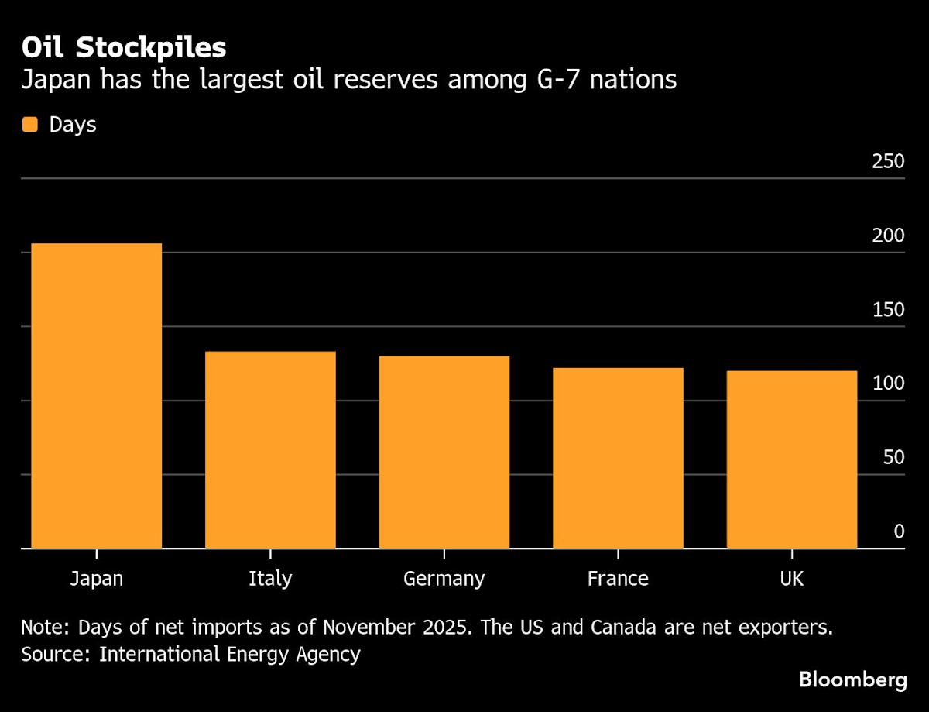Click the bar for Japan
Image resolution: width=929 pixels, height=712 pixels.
[x=96, y=395]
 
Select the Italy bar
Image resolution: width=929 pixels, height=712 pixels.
[x=270, y=449]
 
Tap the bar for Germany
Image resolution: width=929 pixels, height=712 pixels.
[x=444, y=452]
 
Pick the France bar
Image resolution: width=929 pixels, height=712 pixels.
[x=618, y=457]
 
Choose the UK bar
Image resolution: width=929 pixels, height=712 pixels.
[x=791, y=459]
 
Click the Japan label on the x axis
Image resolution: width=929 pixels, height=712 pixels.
[x=96, y=579]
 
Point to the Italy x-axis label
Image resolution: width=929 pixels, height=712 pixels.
[x=270, y=579]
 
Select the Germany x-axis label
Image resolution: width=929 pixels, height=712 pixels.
[x=444, y=579]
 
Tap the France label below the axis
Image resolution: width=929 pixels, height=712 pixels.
[x=618, y=579]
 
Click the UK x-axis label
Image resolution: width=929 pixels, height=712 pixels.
[x=791, y=579]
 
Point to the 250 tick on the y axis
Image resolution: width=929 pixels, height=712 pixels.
[x=888, y=161]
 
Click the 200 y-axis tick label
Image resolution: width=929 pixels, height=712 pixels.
[x=888, y=236]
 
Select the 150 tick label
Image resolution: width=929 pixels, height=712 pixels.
[x=888, y=309]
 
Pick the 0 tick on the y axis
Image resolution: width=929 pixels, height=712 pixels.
[x=899, y=531]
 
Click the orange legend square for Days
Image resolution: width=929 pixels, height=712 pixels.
[x=30, y=125]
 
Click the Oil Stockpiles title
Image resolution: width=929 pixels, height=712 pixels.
[x=124, y=48]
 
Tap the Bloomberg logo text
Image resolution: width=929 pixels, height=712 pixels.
[x=852, y=680]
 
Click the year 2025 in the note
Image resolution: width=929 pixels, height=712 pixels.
[x=441, y=627]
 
